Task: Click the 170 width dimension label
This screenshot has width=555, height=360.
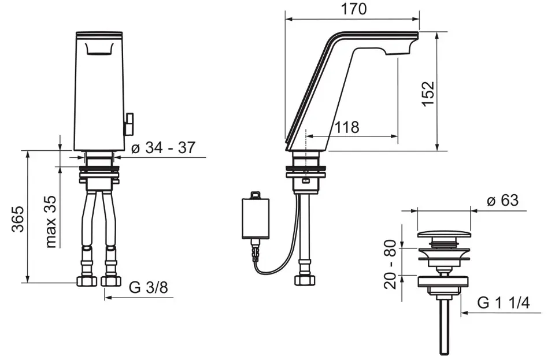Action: coord(353,9)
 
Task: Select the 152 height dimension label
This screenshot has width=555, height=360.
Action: coord(428,94)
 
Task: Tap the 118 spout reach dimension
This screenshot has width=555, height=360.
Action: coord(347,127)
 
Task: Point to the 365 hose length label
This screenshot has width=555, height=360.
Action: coord(17,219)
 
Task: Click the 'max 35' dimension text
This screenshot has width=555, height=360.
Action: coord(50,221)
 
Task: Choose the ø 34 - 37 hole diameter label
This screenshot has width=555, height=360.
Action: coord(163,147)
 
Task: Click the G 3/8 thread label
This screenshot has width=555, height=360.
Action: coord(149,288)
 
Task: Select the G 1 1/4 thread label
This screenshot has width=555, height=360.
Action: coord(504,303)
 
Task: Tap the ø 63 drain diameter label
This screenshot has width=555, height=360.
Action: coord(502,201)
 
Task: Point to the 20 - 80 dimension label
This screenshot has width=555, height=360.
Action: coord(390,264)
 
